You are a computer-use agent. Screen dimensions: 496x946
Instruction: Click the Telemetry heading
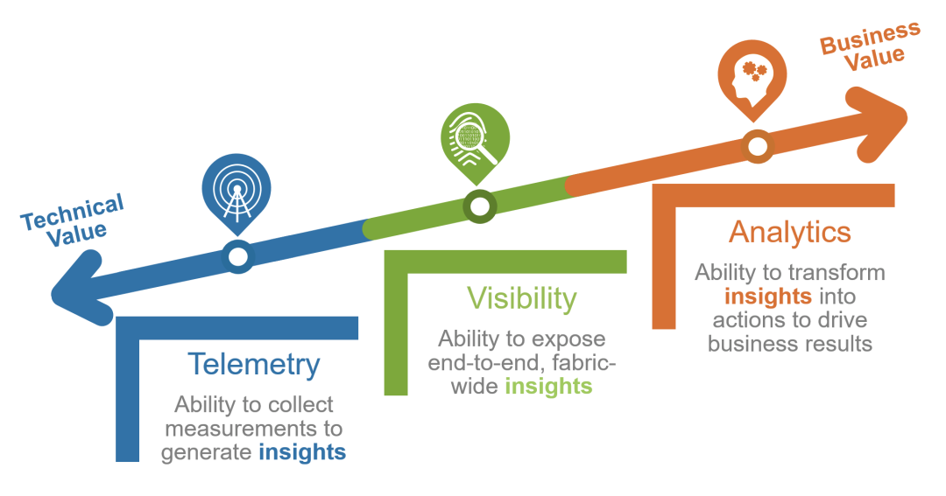coord(254,365)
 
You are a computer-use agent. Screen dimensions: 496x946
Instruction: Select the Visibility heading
coord(521,298)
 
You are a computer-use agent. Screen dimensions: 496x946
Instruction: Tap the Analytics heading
coord(789,232)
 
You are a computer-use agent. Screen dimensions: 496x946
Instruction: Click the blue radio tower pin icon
coord(236,189)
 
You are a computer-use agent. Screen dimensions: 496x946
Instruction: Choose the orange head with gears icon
coord(752,76)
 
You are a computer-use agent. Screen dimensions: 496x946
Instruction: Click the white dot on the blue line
coord(237,256)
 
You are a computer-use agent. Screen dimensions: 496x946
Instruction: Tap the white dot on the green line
coord(479,206)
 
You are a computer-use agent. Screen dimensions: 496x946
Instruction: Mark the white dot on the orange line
coord(756,144)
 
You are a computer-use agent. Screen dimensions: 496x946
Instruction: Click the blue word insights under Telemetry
coord(301,452)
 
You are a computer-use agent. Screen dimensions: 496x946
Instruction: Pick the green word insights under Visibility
coord(548,386)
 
